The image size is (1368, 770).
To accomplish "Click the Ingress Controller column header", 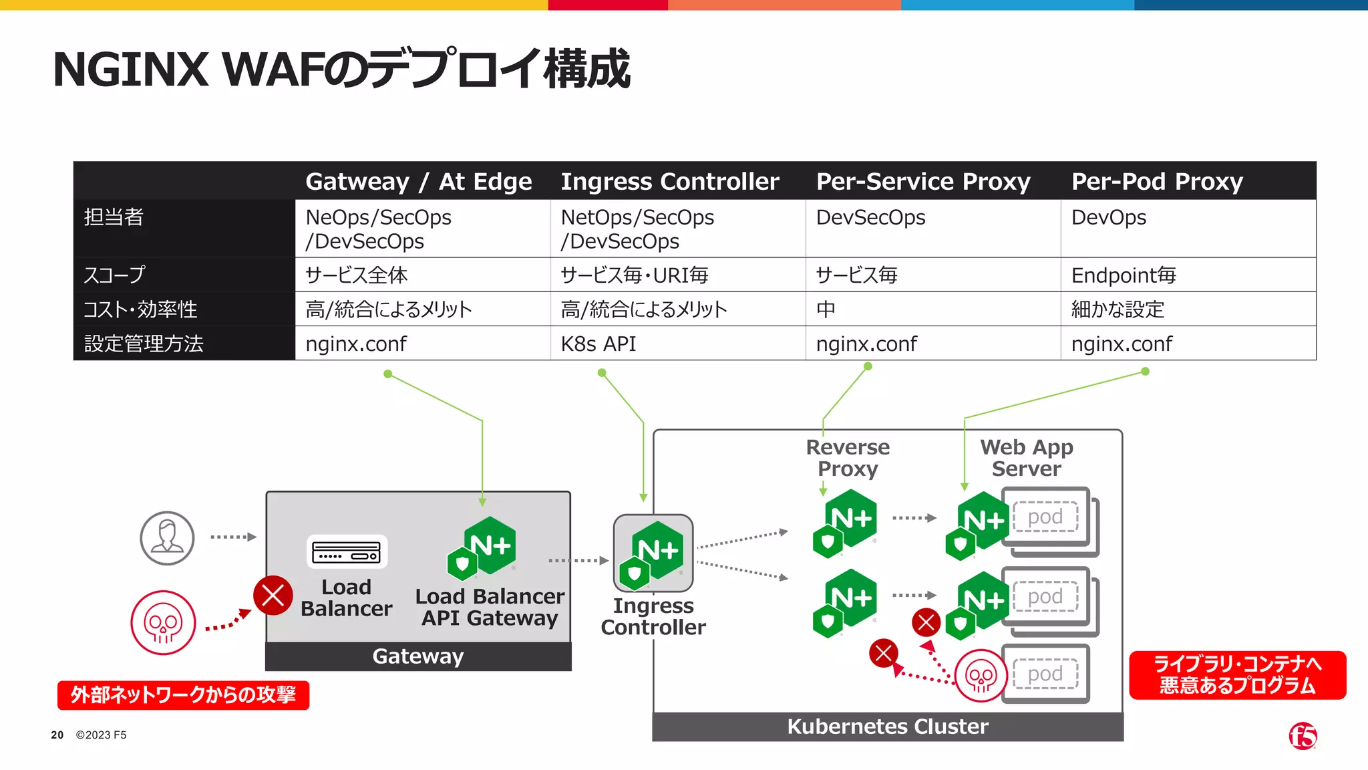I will tap(669, 182).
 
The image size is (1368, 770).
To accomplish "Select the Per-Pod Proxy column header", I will tap(1157, 182).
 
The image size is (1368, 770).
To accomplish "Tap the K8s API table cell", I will tap(598, 344).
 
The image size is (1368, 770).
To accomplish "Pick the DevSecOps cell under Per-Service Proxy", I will tap(870, 218).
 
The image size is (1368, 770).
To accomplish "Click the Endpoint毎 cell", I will tap(1124, 275).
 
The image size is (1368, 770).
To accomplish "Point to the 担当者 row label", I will tap(114, 217).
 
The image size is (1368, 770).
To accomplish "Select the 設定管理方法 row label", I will tap(144, 344).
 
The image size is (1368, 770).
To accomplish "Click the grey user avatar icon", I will tap(167, 538).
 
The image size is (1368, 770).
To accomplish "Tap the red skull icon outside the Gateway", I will tap(163, 622).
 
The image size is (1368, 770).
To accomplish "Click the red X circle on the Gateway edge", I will tap(273, 595).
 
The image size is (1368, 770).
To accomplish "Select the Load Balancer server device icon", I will tap(347, 552).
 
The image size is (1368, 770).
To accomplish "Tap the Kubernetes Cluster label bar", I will tap(887, 727).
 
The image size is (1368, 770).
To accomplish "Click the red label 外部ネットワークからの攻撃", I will tap(183, 695).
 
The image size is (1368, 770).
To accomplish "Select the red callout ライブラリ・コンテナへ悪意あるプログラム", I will tap(1237, 675).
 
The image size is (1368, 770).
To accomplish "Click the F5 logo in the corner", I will tap(1303, 736).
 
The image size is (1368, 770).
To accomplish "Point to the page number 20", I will tap(57, 735).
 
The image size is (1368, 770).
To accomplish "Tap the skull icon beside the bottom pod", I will tap(981, 676).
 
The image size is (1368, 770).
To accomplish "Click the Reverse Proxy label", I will tap(848, 458).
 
